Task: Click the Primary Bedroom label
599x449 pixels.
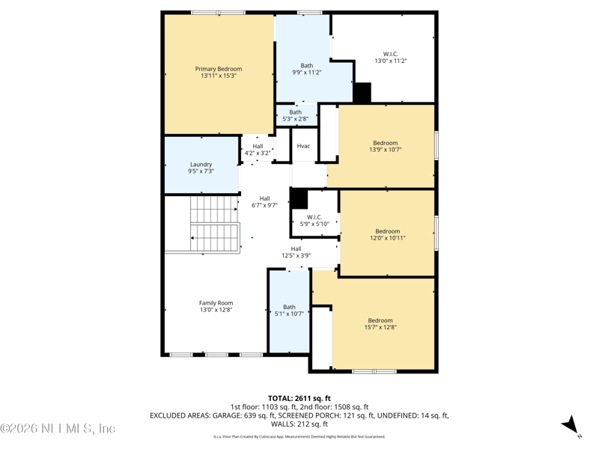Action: (x=219, y=73)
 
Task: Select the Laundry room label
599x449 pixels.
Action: (x=201, y=168)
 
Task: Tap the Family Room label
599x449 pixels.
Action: (x=216, y=306)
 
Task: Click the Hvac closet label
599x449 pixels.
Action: (x=303, y=146)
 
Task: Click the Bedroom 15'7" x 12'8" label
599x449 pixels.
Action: (x=380, y=324)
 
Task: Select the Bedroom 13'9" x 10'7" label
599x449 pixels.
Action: (x=386, y=146)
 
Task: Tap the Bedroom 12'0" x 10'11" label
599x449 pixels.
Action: (x=387, y=235)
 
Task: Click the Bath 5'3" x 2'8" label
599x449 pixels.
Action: (x=295, y=116)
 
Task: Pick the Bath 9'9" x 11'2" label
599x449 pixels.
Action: (x=306, y=69)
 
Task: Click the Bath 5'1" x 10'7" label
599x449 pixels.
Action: (x=289, y=310)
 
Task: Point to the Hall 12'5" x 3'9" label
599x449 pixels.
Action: (x=296, y=252)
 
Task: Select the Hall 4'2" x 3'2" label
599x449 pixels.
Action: (x=258, y=150)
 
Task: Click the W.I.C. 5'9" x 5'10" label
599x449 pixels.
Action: (x=314, y=220)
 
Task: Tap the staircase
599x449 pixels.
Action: (x=214, y=223)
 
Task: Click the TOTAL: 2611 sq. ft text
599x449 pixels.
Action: (x=299, y=398)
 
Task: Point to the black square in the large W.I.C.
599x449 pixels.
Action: (x=362, y=93)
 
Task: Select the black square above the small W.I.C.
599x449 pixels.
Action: (x=299, y=198)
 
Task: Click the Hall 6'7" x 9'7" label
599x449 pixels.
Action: (x=264, y=202)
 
